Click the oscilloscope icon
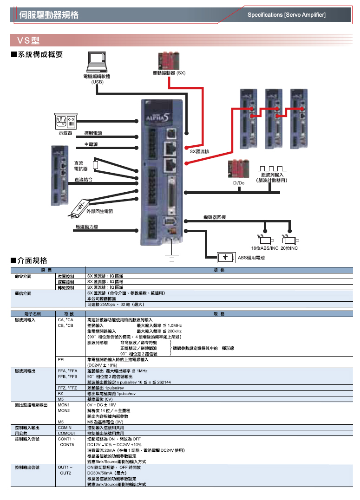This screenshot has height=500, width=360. click(x=65, y=121)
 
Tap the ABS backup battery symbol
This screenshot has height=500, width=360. click(x=226, y=257)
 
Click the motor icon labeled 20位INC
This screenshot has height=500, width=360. click(x=288, y=240)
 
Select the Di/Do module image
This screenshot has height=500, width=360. click(x=238, y=169)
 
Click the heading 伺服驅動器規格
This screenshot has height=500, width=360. click(x=49, y=15)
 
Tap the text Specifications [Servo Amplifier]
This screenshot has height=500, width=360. click(x=286, y=15)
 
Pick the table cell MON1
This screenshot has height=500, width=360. click(x=64, y=405)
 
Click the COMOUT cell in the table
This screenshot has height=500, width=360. click(x=66, y=433)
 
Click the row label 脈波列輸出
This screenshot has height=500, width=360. click(x=25, y=371)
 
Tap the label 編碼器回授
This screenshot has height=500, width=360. click(x=215, y=217)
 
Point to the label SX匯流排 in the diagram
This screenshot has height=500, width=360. click(x=199, y=151)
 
